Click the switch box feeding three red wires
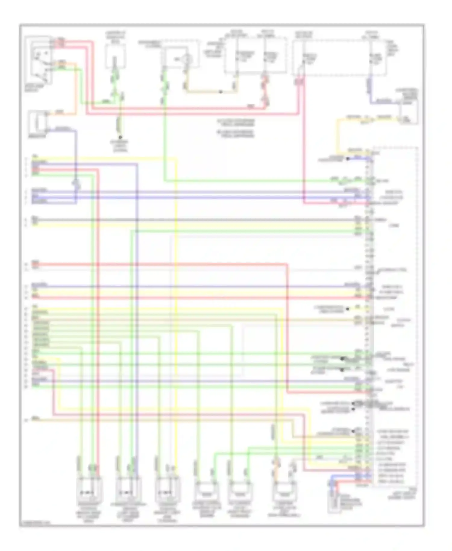[38, 59]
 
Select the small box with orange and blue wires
[38, 122]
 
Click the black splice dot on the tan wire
[221, 92]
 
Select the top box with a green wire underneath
[115, 57]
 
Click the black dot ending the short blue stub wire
[348, 159]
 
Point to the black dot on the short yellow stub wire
[348, 309]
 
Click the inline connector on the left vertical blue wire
[76, 184]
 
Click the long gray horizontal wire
[193, 220]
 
